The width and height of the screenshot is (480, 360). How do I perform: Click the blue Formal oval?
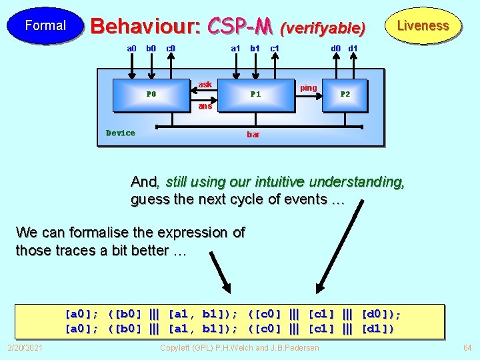point(45,25)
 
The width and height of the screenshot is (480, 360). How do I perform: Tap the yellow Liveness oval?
point(423,25)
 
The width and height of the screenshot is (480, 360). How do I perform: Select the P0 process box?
point(151,94)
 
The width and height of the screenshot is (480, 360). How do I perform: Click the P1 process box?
point(255,94)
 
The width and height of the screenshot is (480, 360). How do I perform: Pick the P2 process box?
point(345,94)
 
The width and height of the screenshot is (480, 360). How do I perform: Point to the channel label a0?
point(131,48)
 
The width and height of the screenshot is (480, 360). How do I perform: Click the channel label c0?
point(171,48)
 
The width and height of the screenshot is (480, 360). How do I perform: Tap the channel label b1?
point(255,48)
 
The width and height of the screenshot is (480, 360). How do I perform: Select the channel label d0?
point(336,48)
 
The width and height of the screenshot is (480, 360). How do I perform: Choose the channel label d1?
point(353,48)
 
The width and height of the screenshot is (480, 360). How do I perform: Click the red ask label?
point(205,85)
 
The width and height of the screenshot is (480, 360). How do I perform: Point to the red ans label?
point(205,106)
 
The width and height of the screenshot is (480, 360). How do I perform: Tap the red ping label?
point(309,88)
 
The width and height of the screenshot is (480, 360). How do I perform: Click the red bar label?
point(253,135)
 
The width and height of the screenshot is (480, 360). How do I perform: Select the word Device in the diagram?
point(121,133)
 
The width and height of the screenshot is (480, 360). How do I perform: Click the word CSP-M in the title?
point(239,26)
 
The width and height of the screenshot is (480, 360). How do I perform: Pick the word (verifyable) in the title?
point(323,28)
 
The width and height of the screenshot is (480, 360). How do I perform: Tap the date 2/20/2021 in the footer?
point(25,348)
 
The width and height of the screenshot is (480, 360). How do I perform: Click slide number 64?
point(467,348)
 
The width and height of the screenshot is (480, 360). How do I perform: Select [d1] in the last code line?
point(378,328)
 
